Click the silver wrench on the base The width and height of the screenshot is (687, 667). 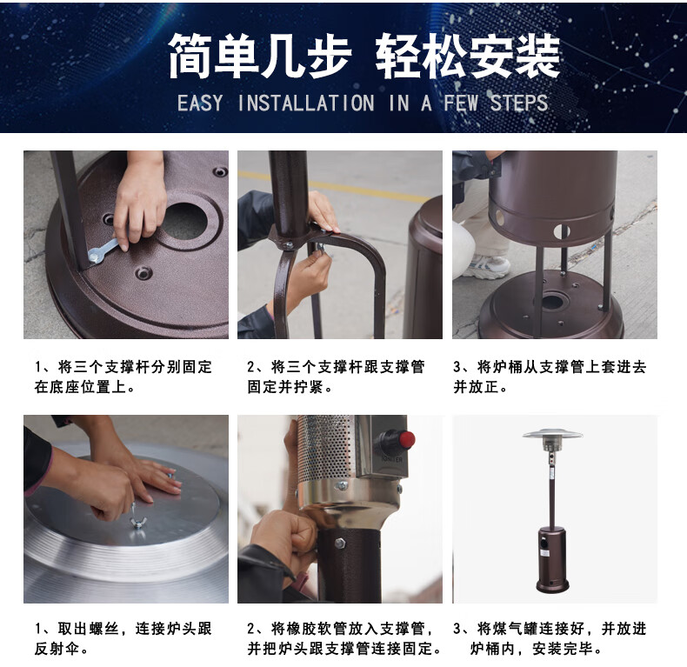103,251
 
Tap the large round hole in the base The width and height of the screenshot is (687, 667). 184,221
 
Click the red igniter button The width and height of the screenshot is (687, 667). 406,439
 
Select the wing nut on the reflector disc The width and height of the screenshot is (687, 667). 137,523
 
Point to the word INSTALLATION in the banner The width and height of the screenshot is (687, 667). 306,103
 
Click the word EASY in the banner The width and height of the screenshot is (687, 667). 200,103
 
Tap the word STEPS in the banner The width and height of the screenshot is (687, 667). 519,103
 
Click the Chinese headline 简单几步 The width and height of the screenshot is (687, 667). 259,57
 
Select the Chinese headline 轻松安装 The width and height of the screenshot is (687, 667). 468,57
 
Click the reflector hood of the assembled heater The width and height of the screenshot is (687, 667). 552,433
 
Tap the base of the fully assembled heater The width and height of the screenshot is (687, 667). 553,584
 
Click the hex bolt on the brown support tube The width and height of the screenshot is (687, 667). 340,544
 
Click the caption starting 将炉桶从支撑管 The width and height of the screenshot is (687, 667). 550,377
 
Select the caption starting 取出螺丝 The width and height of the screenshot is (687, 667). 123,638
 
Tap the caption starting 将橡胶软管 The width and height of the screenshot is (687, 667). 344,638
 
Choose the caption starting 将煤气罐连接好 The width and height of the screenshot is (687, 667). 550,638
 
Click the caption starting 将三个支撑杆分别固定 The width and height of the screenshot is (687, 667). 123,377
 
